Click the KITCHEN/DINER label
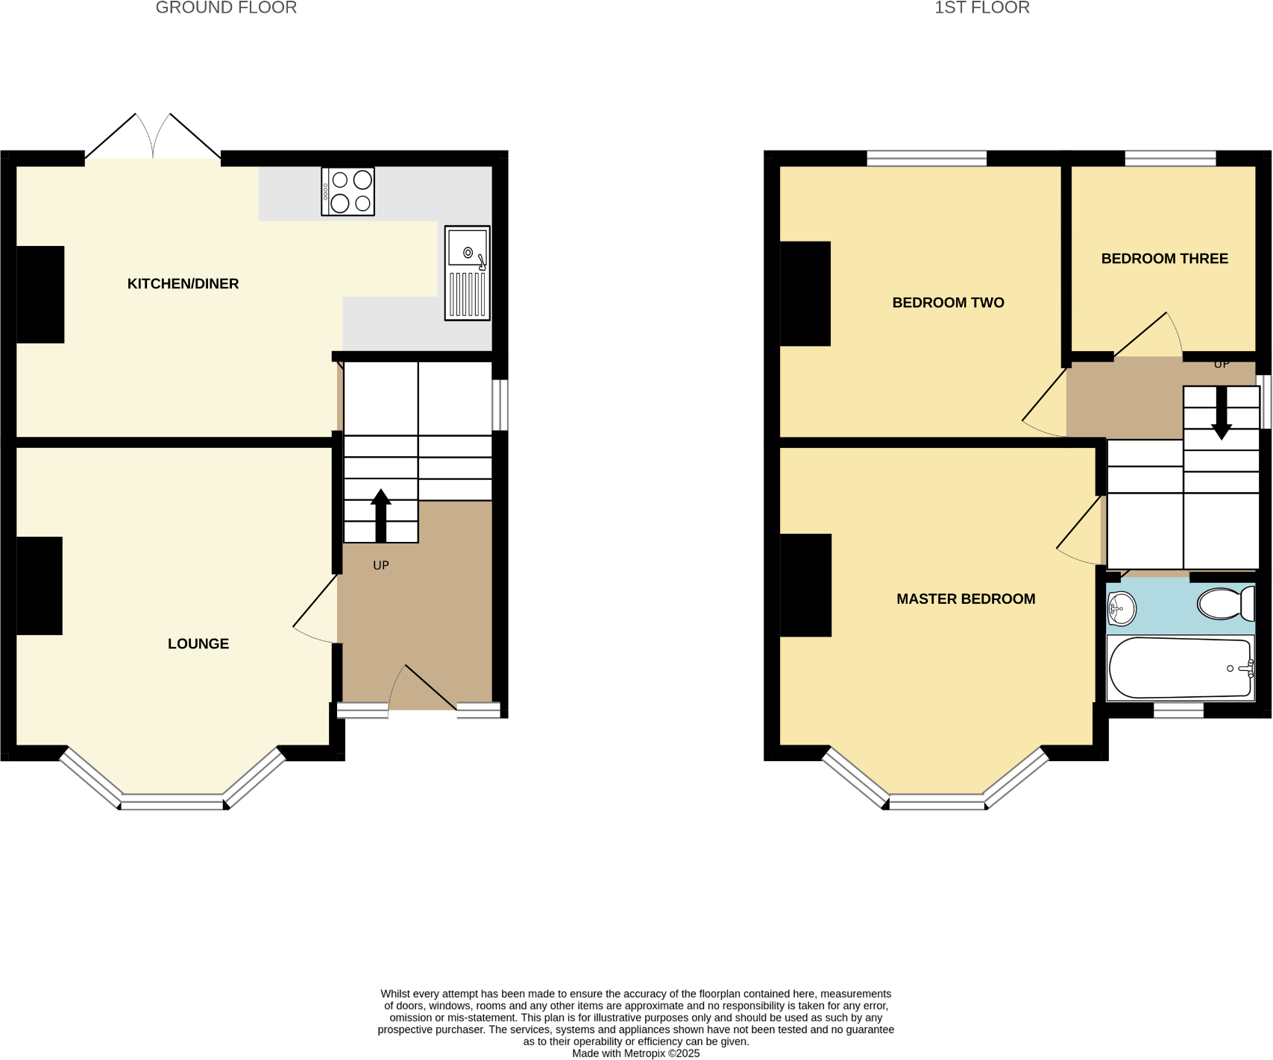point(183,284)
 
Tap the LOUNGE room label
point(198,644)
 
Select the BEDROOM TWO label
point(948,303)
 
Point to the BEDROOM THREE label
point(1164,259)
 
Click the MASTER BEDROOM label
point(966,599)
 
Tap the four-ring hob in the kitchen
point(348,192)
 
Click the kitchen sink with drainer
point(468,273)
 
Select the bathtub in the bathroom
point(1180,668)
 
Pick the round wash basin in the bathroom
point(1121,609)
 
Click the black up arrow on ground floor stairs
point(381,514)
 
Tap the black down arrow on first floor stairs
point(1221,414)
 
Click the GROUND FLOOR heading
point(226,8)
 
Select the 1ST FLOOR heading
point(982,8)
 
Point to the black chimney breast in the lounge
point(40,586)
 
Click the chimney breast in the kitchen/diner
point(40,294)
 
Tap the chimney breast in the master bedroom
point(805,585)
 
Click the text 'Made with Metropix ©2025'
point(635,1053)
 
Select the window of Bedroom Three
point(1170,158)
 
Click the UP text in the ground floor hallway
point(381,566)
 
